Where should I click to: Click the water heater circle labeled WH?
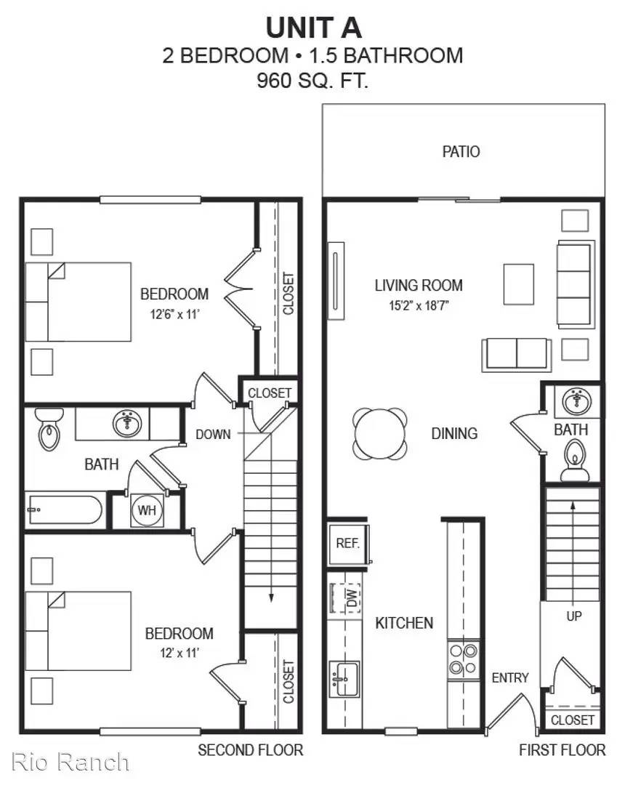(147, 510)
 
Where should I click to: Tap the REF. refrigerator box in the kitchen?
(348, 544)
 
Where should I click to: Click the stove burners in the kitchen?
(464, 659)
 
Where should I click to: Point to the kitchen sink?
(344, 679)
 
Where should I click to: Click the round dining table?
(380, 433)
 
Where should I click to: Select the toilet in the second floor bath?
(49, 429)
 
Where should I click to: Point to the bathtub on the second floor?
(65, 510)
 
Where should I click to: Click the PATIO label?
(461, 151)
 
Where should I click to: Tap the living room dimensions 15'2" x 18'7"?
(419, 305)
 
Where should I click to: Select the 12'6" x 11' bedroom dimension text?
(174, 315)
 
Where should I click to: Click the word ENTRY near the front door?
(510, 678)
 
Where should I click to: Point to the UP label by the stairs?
(574, 616)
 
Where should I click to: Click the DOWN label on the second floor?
(213, 434)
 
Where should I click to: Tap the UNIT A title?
(313, 28)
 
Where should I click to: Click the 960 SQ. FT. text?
(312, 80)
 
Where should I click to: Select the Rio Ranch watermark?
(70, 762)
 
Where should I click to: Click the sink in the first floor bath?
(576, 401)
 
